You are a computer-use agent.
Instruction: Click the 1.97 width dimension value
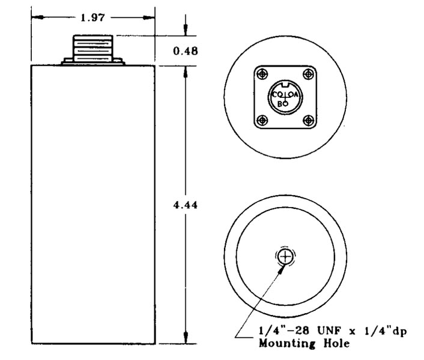pyautogui.click(x=93, y=17)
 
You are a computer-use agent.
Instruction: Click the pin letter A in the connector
pyautogui.click(x=296, y=95)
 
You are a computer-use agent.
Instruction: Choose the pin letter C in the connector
pyautogui.click(x=276, y=95)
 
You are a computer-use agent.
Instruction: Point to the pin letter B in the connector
pyautogui.click(x=280, y=103)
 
